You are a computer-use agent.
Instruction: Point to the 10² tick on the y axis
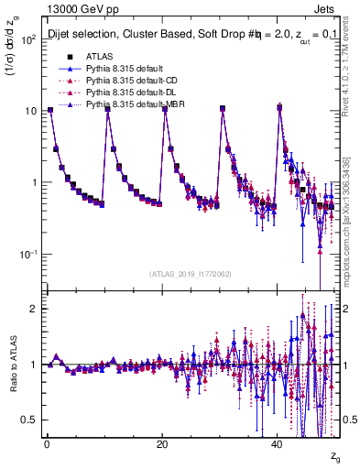[x=28, y=40]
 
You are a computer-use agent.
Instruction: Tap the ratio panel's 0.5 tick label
[x=28, y=420]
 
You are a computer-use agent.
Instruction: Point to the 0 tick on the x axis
[x=47, y=444]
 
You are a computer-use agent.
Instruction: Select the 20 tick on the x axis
[x=162, y=444]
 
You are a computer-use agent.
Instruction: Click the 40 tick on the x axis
[x=278, y=444]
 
